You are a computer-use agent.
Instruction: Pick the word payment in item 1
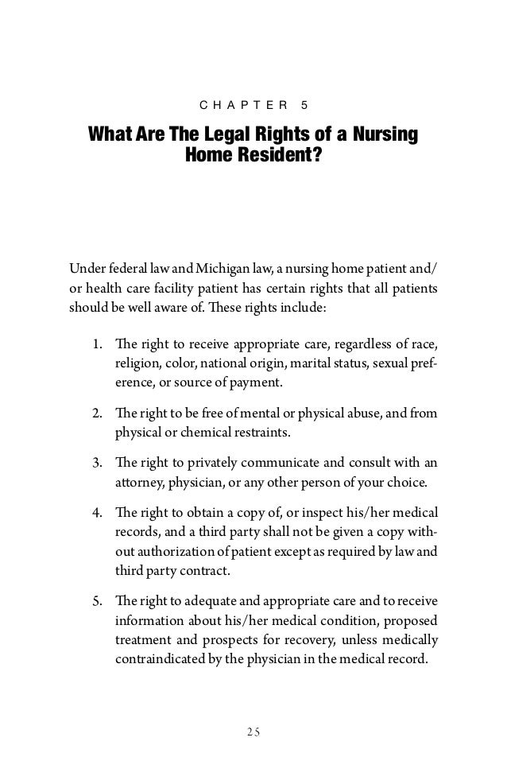point(258,384)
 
